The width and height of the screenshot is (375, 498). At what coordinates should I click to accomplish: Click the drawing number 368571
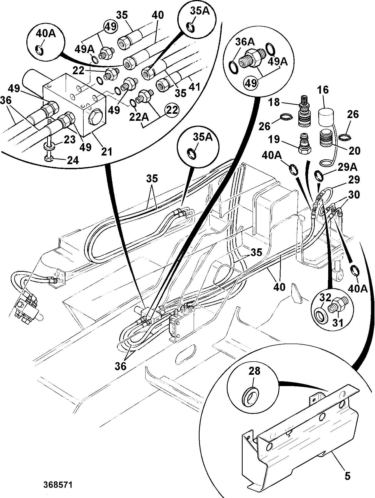(x=58, y=485)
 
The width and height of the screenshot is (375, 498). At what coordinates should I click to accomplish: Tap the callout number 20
(x=354, y=150)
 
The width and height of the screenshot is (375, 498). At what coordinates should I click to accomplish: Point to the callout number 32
(x=326, y=298)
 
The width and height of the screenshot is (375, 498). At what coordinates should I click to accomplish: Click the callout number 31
(x=338, y=322)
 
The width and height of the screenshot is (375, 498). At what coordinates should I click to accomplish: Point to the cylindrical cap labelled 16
(x=326, y=116)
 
